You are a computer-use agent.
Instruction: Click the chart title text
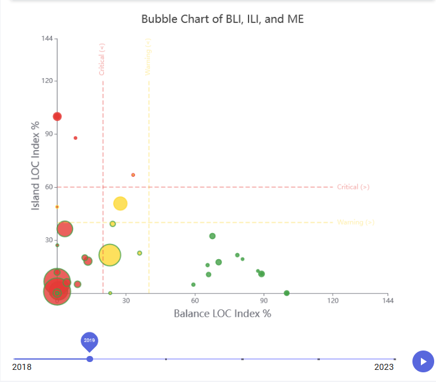tap(223, 19)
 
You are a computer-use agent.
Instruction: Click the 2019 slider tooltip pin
tap(89, 341)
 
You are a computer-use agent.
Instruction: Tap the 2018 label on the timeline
tap(22, 367)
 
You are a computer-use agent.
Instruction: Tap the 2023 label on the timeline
tap(383, 367)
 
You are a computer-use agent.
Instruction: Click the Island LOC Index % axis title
tap(36, 165)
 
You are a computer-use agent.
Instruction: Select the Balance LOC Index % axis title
tap(222, 314)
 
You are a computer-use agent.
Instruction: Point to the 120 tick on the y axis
tap(46, 81)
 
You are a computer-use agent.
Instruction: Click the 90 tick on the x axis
tap(264, 301)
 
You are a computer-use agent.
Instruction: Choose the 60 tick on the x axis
tap(195, 301)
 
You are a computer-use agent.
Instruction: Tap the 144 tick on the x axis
tap(388, 301)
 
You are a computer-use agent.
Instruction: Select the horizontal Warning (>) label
tap(356, 222)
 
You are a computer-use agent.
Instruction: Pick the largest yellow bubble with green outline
tap(109, 255)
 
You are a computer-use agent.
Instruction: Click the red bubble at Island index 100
tap(57, 116)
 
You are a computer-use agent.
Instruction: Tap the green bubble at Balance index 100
tap(287, 293)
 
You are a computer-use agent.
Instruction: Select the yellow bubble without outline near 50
tap(120, 203)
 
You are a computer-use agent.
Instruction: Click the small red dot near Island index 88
tap(76, 138)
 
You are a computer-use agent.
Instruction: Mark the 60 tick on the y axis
tap(48, 187)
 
